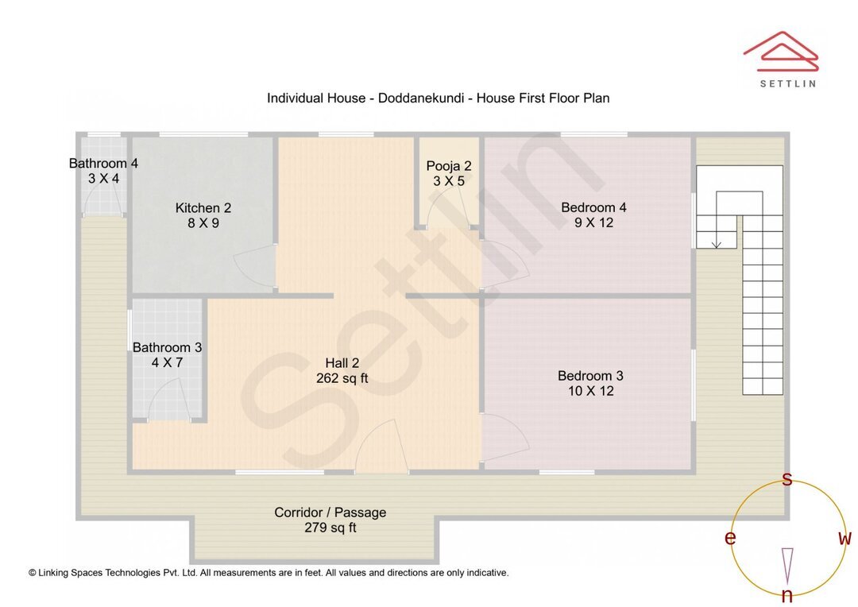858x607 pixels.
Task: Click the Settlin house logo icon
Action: (780, 51)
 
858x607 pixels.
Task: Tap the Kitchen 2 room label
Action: (203, 208)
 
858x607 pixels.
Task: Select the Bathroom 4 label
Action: (103, 164)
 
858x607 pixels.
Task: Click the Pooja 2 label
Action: (449, 166)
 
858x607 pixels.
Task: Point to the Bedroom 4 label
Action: (593, 207)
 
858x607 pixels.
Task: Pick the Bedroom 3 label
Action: (590, 376)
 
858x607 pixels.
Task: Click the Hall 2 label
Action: (342, 363)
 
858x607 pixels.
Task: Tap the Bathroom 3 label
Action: (167, 347)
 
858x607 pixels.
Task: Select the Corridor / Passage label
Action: (330, 512)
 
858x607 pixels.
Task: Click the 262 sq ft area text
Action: (342, 378)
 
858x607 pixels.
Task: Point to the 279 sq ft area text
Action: (330, 528)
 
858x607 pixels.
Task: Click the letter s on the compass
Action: (787, 479)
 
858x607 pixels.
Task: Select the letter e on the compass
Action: (729, 538)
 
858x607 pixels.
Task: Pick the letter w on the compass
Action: (844, 538)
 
